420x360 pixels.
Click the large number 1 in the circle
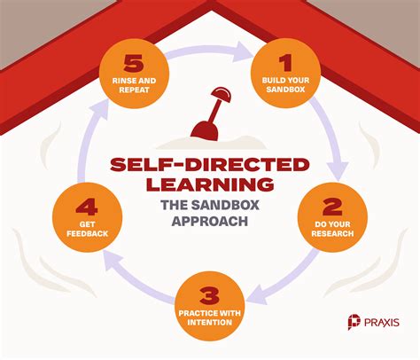click(285, 63)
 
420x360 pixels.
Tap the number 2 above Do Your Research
click(332, 207)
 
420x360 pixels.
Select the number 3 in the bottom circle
click(209, 296)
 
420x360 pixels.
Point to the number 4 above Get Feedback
click(87, 207)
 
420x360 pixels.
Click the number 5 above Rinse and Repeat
click(134, 63)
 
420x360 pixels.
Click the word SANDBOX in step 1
click(285, 90)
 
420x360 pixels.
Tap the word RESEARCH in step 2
click(332, 233)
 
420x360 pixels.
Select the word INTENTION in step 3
click(209, 322)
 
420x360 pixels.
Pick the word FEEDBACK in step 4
click(88, 233)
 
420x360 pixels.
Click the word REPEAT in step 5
click(134, 90)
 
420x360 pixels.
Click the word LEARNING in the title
click(210, 184)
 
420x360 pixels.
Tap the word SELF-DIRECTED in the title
click(210, 165)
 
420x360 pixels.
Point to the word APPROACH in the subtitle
click(210, 221)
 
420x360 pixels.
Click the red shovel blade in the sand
click(205, 130)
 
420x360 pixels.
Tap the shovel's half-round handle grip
click(222, 95)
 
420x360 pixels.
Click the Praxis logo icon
click(354, 322)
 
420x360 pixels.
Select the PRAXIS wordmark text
click(382, 322)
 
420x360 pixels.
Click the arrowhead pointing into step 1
click(243, 51)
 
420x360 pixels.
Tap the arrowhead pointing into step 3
click(256, 294)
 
